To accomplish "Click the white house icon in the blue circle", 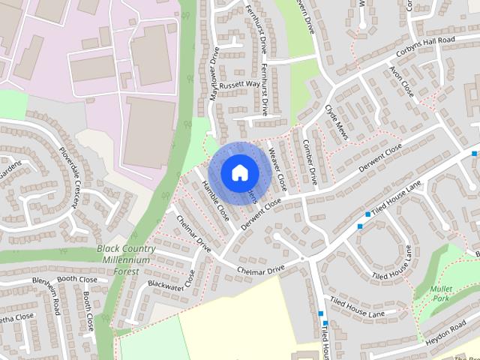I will (x=239, y=172).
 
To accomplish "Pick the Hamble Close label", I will (x=216, y=202).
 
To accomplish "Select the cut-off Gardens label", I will (x=9, y=166).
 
